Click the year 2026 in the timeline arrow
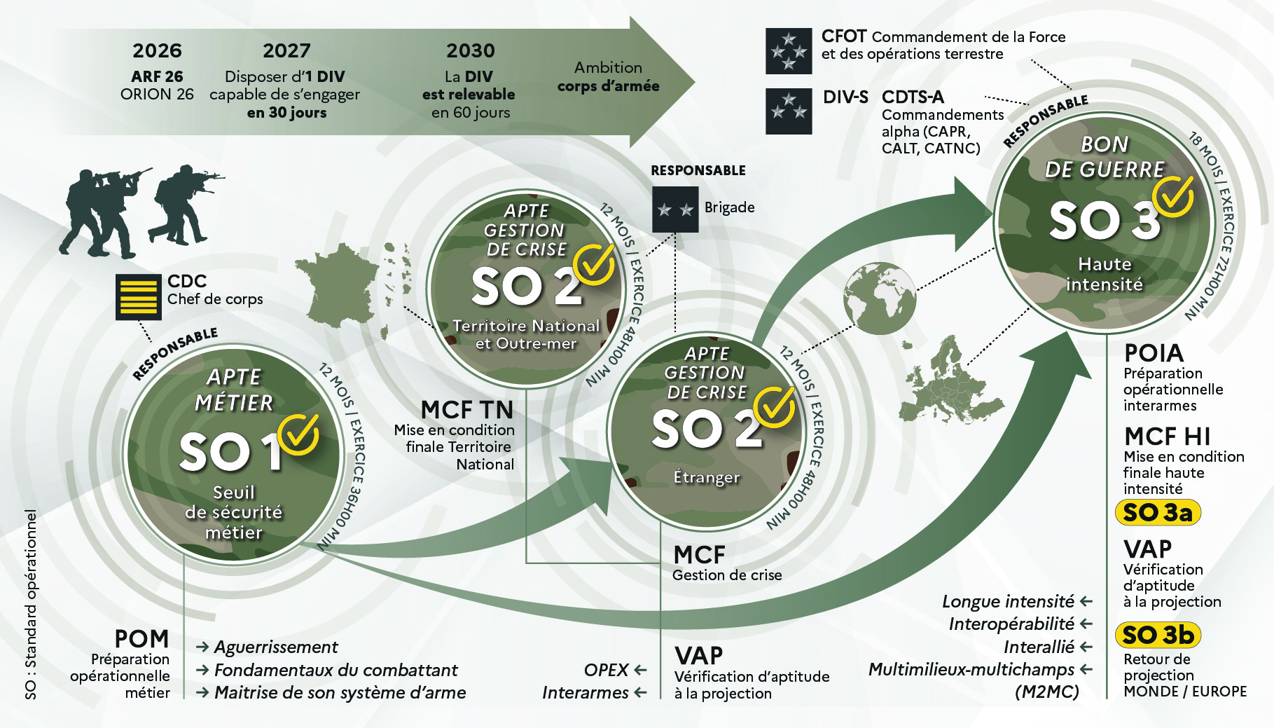tap(157, 50)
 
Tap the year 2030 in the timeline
tap(471, 50)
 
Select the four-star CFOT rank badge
tap(789, 51)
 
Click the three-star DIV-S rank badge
tap(789, 111)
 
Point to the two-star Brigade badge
tap(675, 210)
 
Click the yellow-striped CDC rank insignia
tap(139, 297)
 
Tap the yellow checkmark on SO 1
tap(299, 434)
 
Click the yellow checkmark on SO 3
tap(1174, 196)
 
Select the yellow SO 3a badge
tap(1158, 512)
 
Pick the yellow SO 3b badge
tap(1158, 635)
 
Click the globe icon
tap(880, 298)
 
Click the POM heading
tap(141, 638)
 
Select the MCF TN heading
tap(467, 409)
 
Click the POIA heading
tap(1154, 352)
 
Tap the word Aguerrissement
tap(276, 647)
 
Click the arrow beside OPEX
tap(640, 670)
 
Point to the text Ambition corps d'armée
tap(608, 76)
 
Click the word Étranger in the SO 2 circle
tap(706, 477)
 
